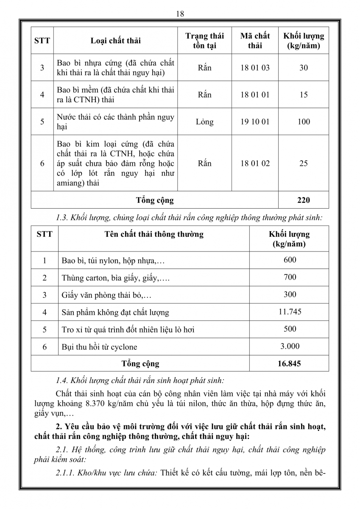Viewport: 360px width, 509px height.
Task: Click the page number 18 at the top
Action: (x=180, y=14)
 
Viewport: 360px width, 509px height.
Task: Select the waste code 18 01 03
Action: (x=255, y=67)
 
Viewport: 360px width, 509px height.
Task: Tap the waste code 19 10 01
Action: (x=255, y=122)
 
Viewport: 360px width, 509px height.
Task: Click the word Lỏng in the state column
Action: (x=204, y=122)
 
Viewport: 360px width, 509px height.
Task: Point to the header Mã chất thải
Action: (x=255, y=41)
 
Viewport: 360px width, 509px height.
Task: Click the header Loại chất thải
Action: (x=116, y=41)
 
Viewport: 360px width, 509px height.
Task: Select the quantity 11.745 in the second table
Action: (x=290, y=312)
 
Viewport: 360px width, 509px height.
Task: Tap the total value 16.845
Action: (x=290, y=364)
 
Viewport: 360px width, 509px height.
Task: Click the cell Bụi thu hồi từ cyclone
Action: (x=99, y=347)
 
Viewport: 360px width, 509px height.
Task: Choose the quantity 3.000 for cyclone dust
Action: (x=290, y=346)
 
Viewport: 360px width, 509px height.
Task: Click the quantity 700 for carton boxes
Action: (x=290, y=277)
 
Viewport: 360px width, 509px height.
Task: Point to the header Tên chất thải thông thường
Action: (x=154, y=234)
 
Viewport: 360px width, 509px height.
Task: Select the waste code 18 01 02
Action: (x=255, y=163)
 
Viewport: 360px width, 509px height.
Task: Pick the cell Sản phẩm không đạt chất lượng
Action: (x=115, y=313)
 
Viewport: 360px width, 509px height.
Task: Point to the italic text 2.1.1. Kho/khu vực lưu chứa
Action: (x=106, y=473)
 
